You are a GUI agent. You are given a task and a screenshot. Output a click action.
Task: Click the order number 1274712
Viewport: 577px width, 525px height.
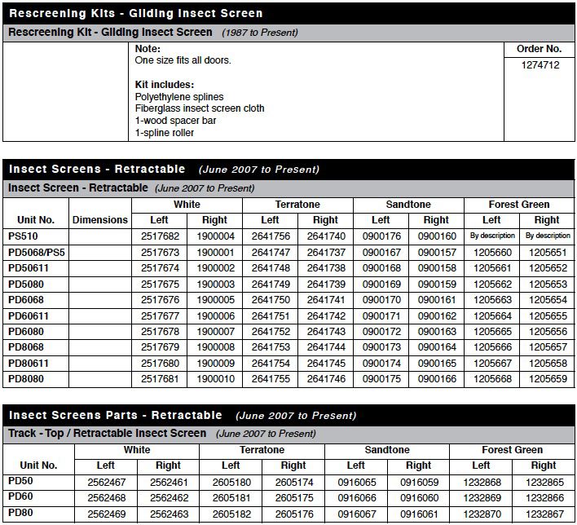[540, 65]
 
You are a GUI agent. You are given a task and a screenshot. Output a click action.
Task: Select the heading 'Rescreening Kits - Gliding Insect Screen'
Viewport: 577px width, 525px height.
[135, 13]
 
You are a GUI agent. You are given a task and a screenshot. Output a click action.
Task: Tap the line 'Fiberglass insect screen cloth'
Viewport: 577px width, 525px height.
[200, 108]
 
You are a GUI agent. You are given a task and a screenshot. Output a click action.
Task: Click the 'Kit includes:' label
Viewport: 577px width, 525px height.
[165, 85]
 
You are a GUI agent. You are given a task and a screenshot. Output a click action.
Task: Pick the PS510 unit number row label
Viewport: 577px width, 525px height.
[24, 236]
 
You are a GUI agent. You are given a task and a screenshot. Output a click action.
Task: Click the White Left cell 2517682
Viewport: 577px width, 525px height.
[159, 236]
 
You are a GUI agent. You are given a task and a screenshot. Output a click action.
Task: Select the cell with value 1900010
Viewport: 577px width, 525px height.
[214, 379]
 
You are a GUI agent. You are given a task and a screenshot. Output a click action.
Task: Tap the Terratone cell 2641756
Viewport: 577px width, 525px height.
[270, 236]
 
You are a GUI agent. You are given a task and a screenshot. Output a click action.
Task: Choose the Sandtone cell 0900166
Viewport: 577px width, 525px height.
[436, 379]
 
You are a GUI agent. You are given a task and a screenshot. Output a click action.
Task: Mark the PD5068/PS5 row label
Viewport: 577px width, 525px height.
[37, 253]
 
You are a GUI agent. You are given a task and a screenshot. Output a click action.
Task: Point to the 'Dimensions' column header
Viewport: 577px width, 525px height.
[100, 220]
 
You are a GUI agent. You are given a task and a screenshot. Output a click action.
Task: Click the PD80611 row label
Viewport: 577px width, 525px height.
[30, 363]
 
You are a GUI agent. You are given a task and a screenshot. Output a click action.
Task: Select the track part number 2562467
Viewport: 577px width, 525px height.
[105, 482]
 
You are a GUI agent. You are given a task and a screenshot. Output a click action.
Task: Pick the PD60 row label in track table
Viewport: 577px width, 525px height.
[20, 498]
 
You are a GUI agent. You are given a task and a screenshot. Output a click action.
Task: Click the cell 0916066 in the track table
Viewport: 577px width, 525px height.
[355, 498]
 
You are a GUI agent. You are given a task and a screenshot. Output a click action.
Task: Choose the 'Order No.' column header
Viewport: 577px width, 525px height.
[540, 49]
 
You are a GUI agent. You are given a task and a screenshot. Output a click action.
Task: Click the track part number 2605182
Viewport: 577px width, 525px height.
[231, 514]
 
